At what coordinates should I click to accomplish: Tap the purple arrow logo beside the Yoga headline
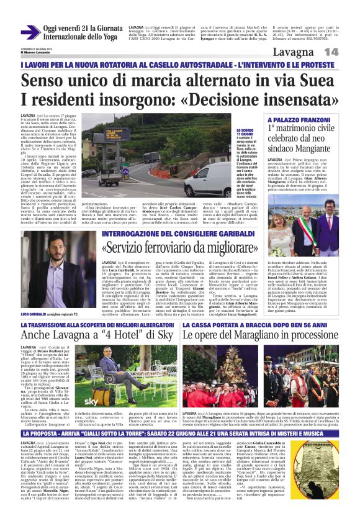[30, 31]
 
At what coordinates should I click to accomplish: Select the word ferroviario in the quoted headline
[175, 248]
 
